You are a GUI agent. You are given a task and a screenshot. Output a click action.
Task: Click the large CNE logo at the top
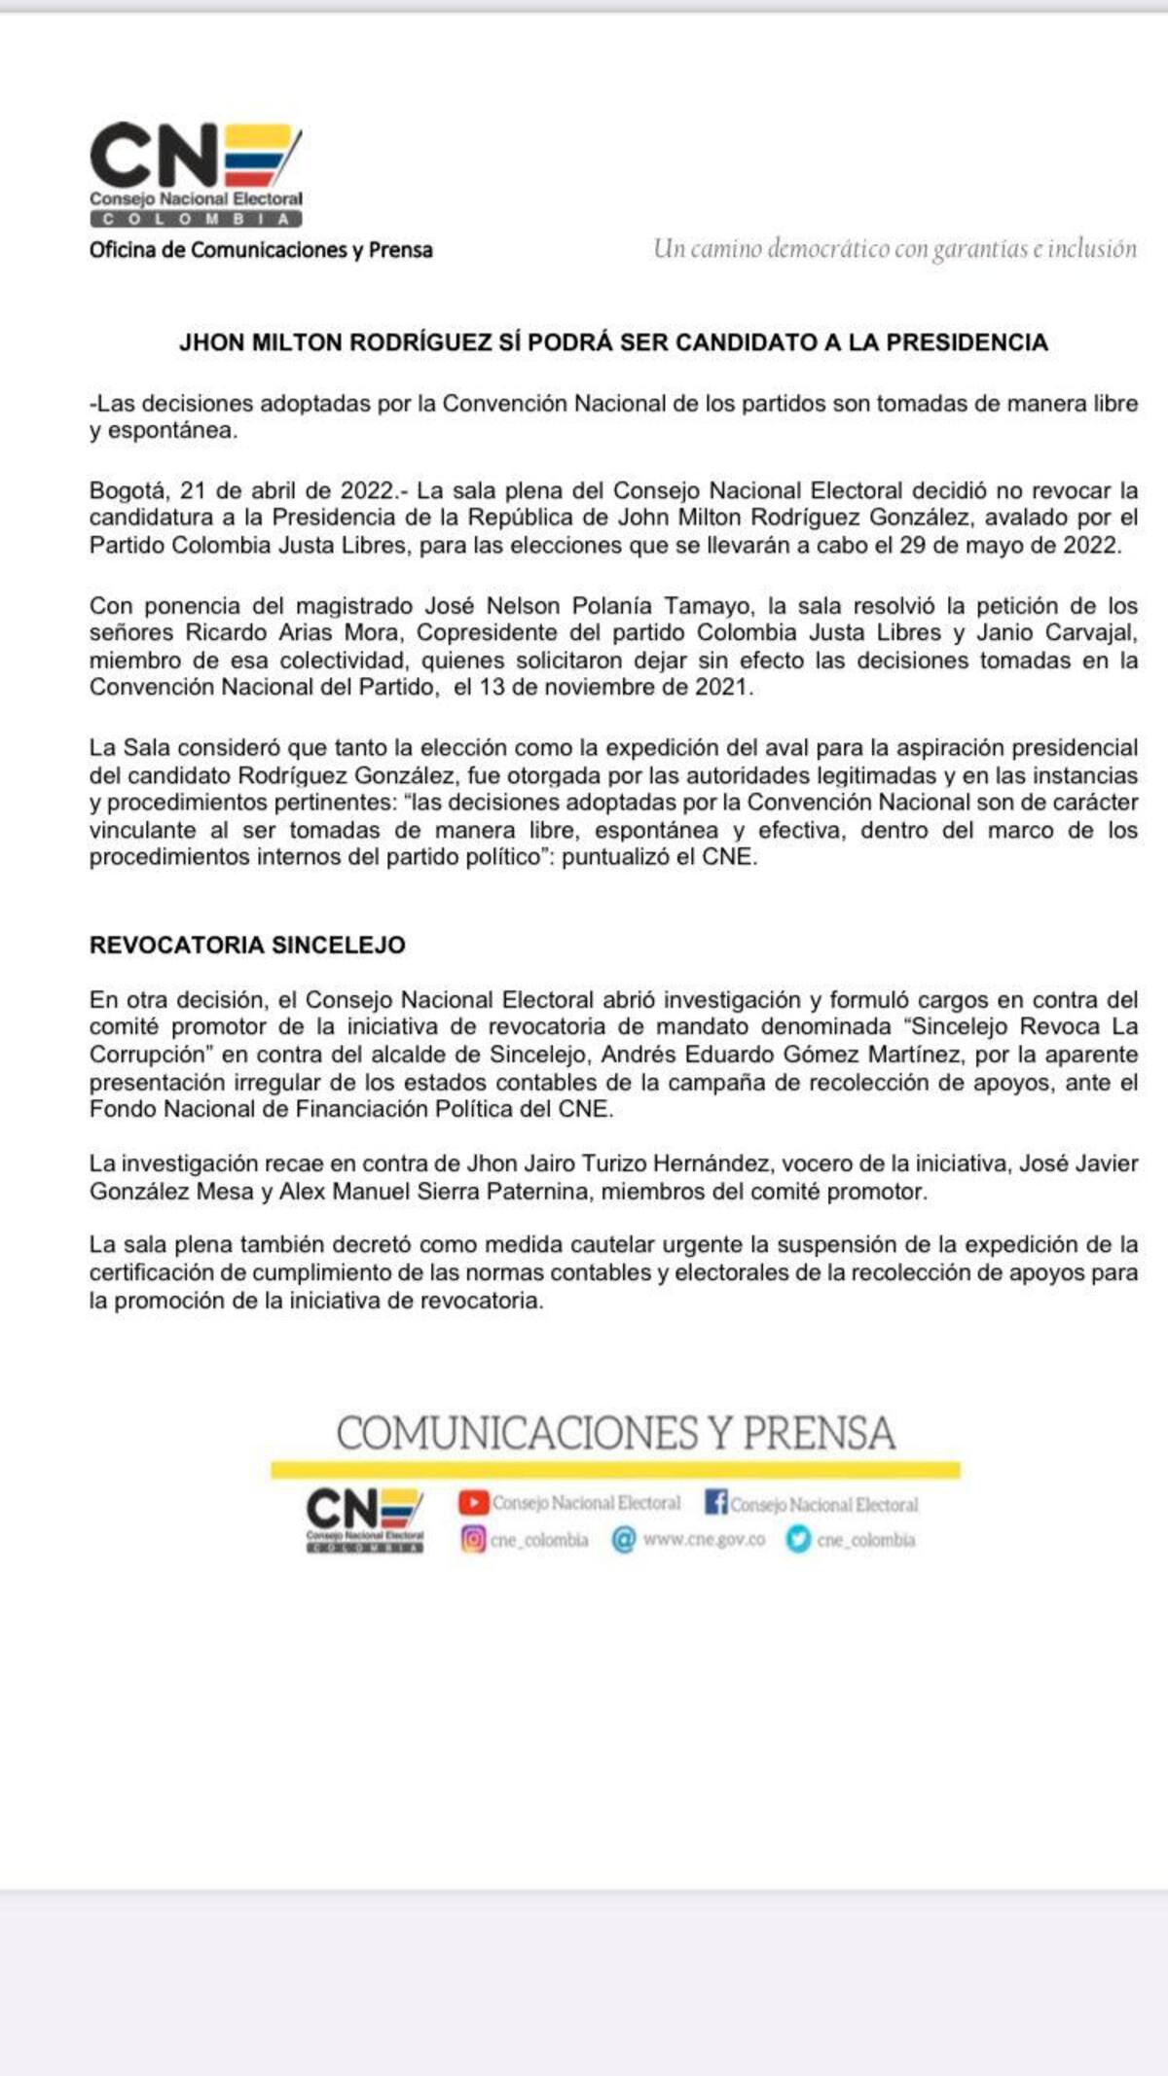point(196,173)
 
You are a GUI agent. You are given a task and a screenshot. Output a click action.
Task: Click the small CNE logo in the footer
point(364,1521)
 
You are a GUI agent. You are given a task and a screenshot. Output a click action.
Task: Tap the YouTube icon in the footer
point(473,1503)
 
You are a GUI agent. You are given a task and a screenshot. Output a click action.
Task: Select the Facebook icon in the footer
point(715,1503)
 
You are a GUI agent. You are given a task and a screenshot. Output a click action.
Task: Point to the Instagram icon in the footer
point(473,1539)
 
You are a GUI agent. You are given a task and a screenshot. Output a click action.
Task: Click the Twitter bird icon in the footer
point(798,1539)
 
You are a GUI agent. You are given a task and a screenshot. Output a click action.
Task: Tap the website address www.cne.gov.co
point(704,1539)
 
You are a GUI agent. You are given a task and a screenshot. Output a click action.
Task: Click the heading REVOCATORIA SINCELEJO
point(247,945)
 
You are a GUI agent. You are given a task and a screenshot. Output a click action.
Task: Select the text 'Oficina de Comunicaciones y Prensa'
point(261,250)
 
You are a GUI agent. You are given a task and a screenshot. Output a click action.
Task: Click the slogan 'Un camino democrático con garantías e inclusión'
point(894,249)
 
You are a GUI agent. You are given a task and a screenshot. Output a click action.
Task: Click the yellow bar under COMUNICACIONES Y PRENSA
point(615,1470)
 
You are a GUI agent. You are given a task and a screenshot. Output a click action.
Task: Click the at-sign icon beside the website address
point(623,1539)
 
